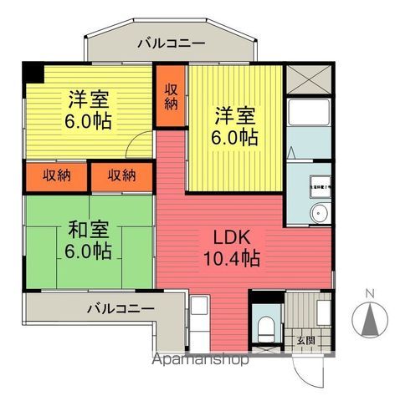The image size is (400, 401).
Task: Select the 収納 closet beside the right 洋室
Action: coord(171,96)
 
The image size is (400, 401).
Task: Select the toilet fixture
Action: coord(266,327)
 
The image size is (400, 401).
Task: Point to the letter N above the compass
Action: coord(370,292)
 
